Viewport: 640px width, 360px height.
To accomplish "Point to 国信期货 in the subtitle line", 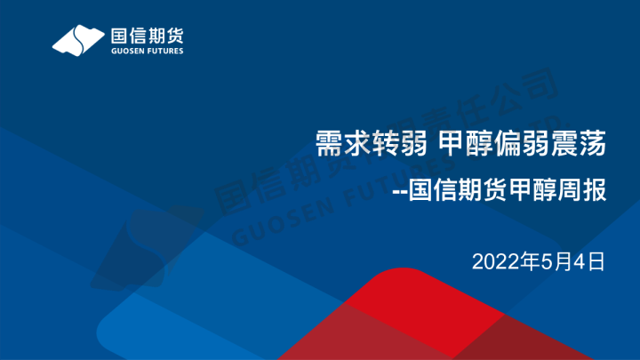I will (453, 192).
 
